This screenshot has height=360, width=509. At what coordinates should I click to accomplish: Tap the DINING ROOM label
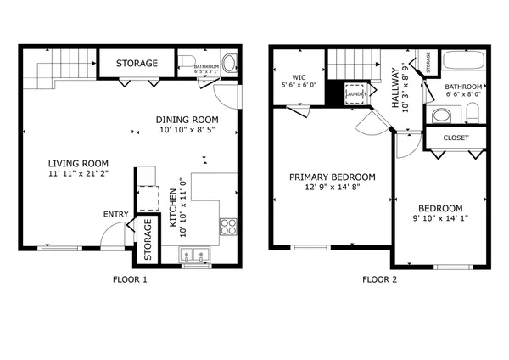click(x=187, y=120)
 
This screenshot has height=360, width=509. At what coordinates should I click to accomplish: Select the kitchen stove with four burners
click(x=227, y=226)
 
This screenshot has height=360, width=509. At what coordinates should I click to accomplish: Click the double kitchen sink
click(x=196, y=254)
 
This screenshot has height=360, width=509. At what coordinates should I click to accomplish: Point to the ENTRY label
click(x=115, y=214)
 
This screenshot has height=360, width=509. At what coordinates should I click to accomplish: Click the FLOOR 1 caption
click(x=130, y=279)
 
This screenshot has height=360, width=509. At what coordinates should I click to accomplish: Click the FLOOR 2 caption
click(x=379, y=279)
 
